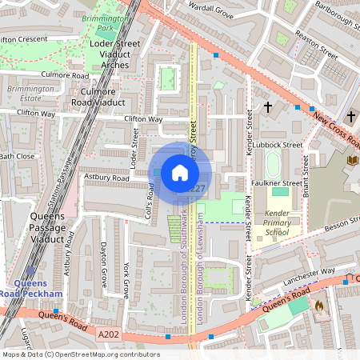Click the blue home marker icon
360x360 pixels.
pyautogui.click(x=180, y=173)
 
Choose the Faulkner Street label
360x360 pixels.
pyautogui.click(x=274, y=182)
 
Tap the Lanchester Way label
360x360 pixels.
pyautogui.click(x=309, y=277)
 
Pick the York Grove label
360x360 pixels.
pyautogui.click(x=127, y=278)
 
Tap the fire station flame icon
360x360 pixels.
pyautogui.click(x=319, y=305)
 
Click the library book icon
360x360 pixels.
pyautogui.click(x=352, y=161)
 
